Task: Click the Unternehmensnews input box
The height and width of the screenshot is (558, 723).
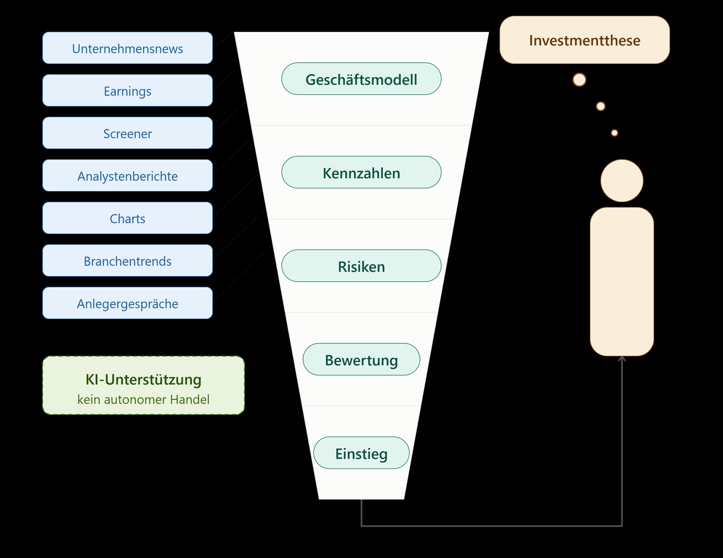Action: pyautogui.click(x=127, y=48)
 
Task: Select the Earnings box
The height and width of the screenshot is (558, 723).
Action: pyautogui.click(x=127, y=91)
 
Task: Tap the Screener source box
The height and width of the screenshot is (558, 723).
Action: pyautogui.click(x=127, y=133)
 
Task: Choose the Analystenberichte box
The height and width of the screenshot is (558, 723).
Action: pyautogui.click(x=127, y=176)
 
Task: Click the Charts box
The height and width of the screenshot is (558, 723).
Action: pyautogui.click(x=127, y=218)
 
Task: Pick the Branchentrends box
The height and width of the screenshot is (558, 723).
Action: pyautogui.click(x=127, y=260)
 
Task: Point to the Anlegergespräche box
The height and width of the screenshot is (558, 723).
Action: pyautogui.click(x=127, y=303)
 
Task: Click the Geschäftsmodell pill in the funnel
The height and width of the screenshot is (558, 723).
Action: pyautogui.click(x=361, y=79)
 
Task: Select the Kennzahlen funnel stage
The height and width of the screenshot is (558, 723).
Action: pyautogui.click(x=361, y=172)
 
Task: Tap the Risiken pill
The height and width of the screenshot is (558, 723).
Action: pyautogui.click(x=361, y=266)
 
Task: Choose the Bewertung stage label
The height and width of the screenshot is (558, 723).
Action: pyautogui.click(x=361, y=359)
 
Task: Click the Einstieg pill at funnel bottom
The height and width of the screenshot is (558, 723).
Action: pyautogui.click(x=361, y=453)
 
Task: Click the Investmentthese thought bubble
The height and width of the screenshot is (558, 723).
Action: pyautogui.click(x=585, y=40)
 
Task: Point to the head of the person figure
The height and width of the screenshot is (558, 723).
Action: pyautogui.click(x=622, y=181)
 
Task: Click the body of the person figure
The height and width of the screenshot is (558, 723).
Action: pyautogui.click(x=622, y=282)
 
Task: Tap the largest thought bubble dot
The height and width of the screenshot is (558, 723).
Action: pyautogui.click(x=579, y=80)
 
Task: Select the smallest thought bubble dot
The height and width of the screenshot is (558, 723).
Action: pyautogui.click(x=615, y=133)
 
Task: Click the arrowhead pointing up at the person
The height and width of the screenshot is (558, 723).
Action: pyautogui.click(x=622, y=359)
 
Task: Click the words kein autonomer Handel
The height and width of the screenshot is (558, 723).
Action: pyautogui.click(x=144, y=399)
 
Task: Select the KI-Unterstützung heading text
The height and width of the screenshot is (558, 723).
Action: pyautogui.click(x=144, y=380)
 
